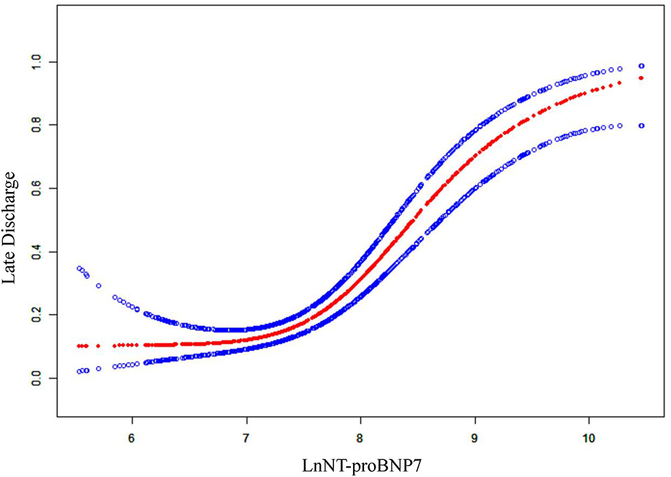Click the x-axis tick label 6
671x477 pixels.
[x=131, y=437]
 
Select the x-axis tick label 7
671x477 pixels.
[x=246, y=437]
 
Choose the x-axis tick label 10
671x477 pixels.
[x=588, y=437]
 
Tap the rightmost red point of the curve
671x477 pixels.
[x=641, y=78]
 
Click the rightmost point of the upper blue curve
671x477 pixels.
[x=641, y=66]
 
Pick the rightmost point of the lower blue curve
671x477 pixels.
[x=641, y=125]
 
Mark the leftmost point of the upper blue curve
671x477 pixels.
[x=80, y=269]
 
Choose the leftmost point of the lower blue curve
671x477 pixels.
[x=80, y=371]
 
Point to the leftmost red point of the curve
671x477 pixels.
[x=80, y=346]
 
